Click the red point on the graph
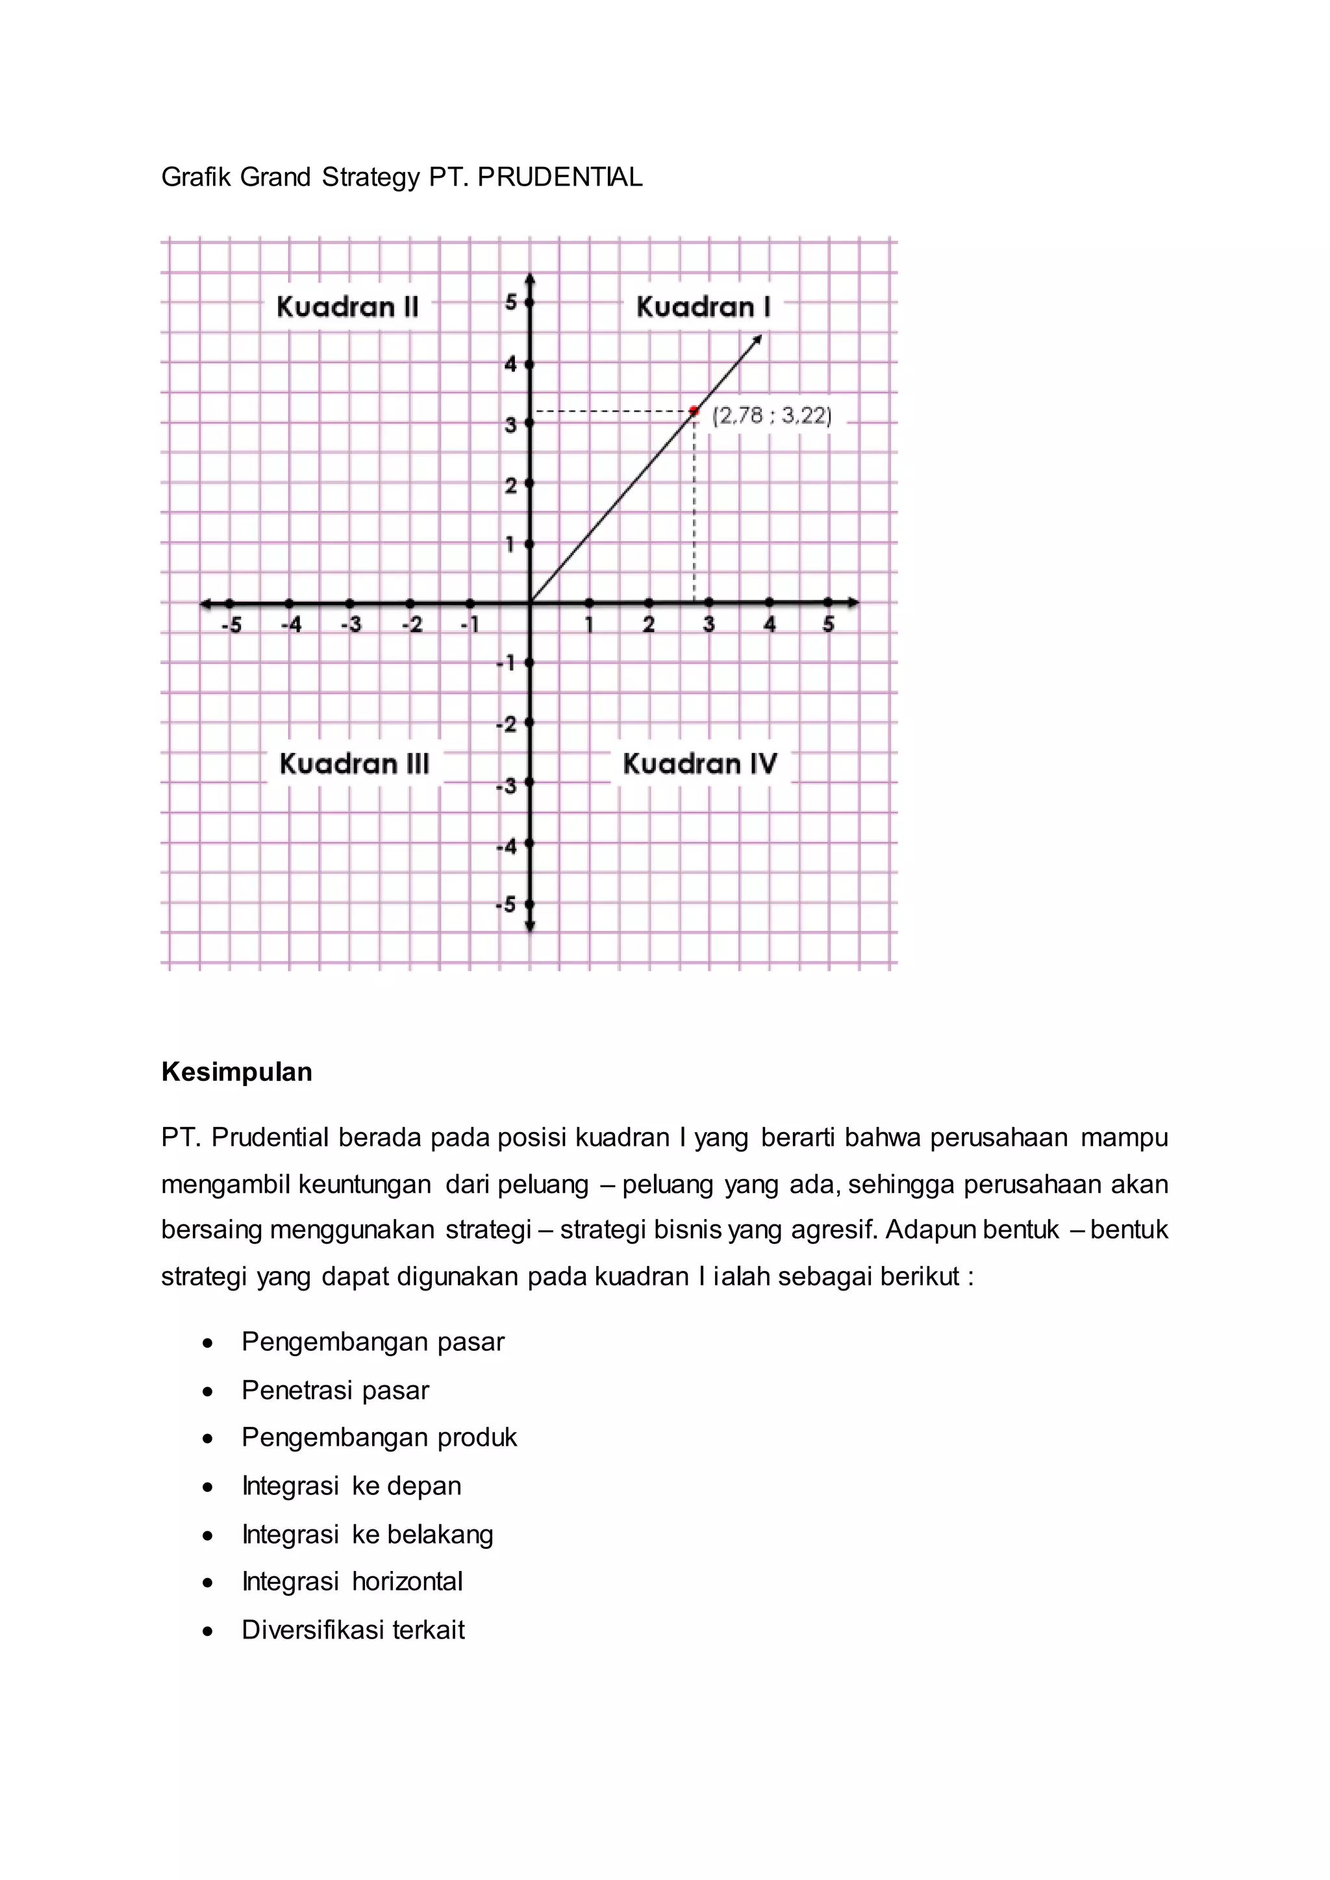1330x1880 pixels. [694, 411]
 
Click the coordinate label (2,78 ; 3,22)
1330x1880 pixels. [772, 416]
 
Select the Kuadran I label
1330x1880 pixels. [703, 307]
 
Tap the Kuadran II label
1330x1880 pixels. [347, 307]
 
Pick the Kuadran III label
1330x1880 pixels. [354, 764]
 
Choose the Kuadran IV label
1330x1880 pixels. [699, 764]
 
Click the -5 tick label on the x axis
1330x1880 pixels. [232, 625]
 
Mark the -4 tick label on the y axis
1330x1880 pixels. [507, 846]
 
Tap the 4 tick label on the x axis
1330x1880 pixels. [770, 625]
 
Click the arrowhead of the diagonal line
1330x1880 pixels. [758, 338]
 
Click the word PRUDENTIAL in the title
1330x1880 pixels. [560, 177]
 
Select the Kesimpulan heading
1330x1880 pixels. [236, 1072]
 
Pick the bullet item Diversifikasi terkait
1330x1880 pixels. [353, 1629]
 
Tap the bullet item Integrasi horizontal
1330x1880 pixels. [352, 1581]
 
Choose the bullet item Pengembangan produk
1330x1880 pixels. [379, 1437]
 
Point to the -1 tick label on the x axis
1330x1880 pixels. [470, 625]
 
